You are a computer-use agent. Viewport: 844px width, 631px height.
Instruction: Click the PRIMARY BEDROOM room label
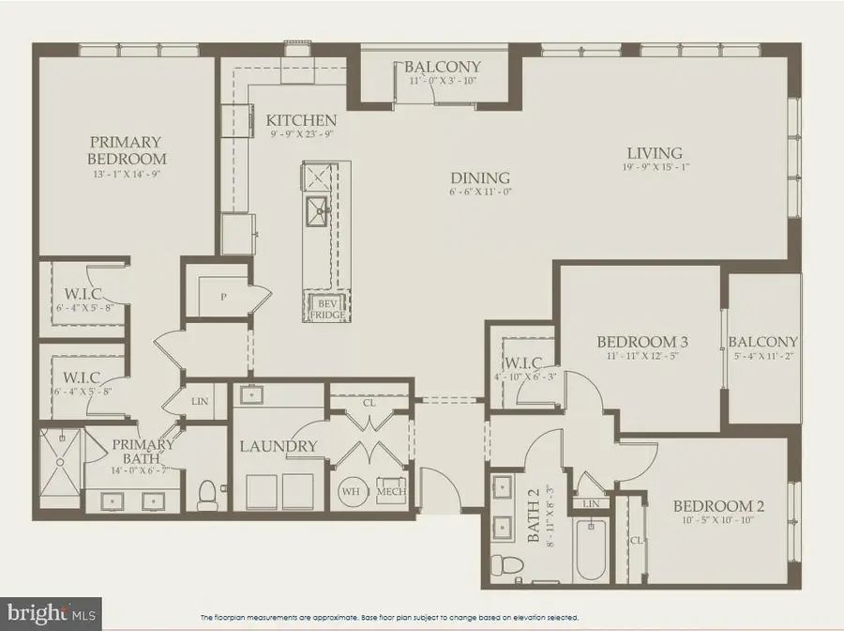tap(128, 150)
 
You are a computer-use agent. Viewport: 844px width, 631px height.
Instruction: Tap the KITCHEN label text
tap(301, 120)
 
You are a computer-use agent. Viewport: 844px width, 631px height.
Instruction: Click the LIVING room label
tap(655, 153)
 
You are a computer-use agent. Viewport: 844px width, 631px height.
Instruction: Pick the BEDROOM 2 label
tap(719, 506)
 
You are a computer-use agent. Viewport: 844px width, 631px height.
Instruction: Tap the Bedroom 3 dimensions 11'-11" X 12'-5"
tap(637, 357)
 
